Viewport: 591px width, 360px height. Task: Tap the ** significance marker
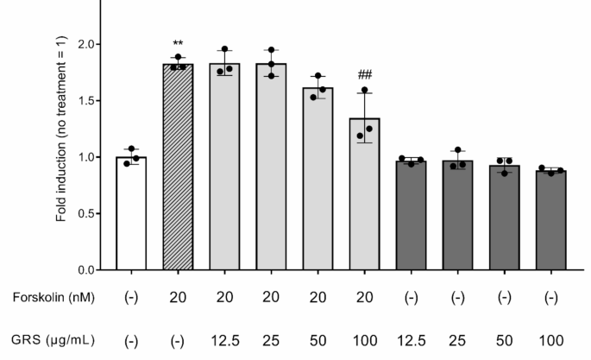tap(177, 44)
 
